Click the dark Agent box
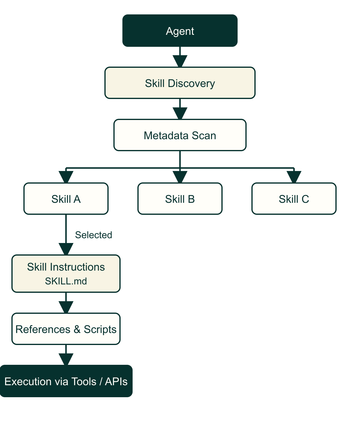coord(180,31)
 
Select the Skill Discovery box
coord(180,83)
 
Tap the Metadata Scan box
coord(180,135)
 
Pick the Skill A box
coord(66,199)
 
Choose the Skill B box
coord(180,199)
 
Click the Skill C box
coord(294,199)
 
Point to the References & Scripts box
coord(66,329)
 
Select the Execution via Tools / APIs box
coord(66,381)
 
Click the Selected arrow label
coord(94,235)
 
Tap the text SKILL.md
coord(66,281)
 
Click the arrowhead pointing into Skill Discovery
coord(180,61)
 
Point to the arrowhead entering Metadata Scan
coord(180,113)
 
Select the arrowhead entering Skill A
coord(66,177)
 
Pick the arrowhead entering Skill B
coord(180,177)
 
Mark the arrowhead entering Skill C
coord(294,177)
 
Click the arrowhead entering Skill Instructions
coord(66,249)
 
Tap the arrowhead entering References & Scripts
coord(66,307)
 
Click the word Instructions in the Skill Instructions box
coord(77,267)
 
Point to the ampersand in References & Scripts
coord(77,329)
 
